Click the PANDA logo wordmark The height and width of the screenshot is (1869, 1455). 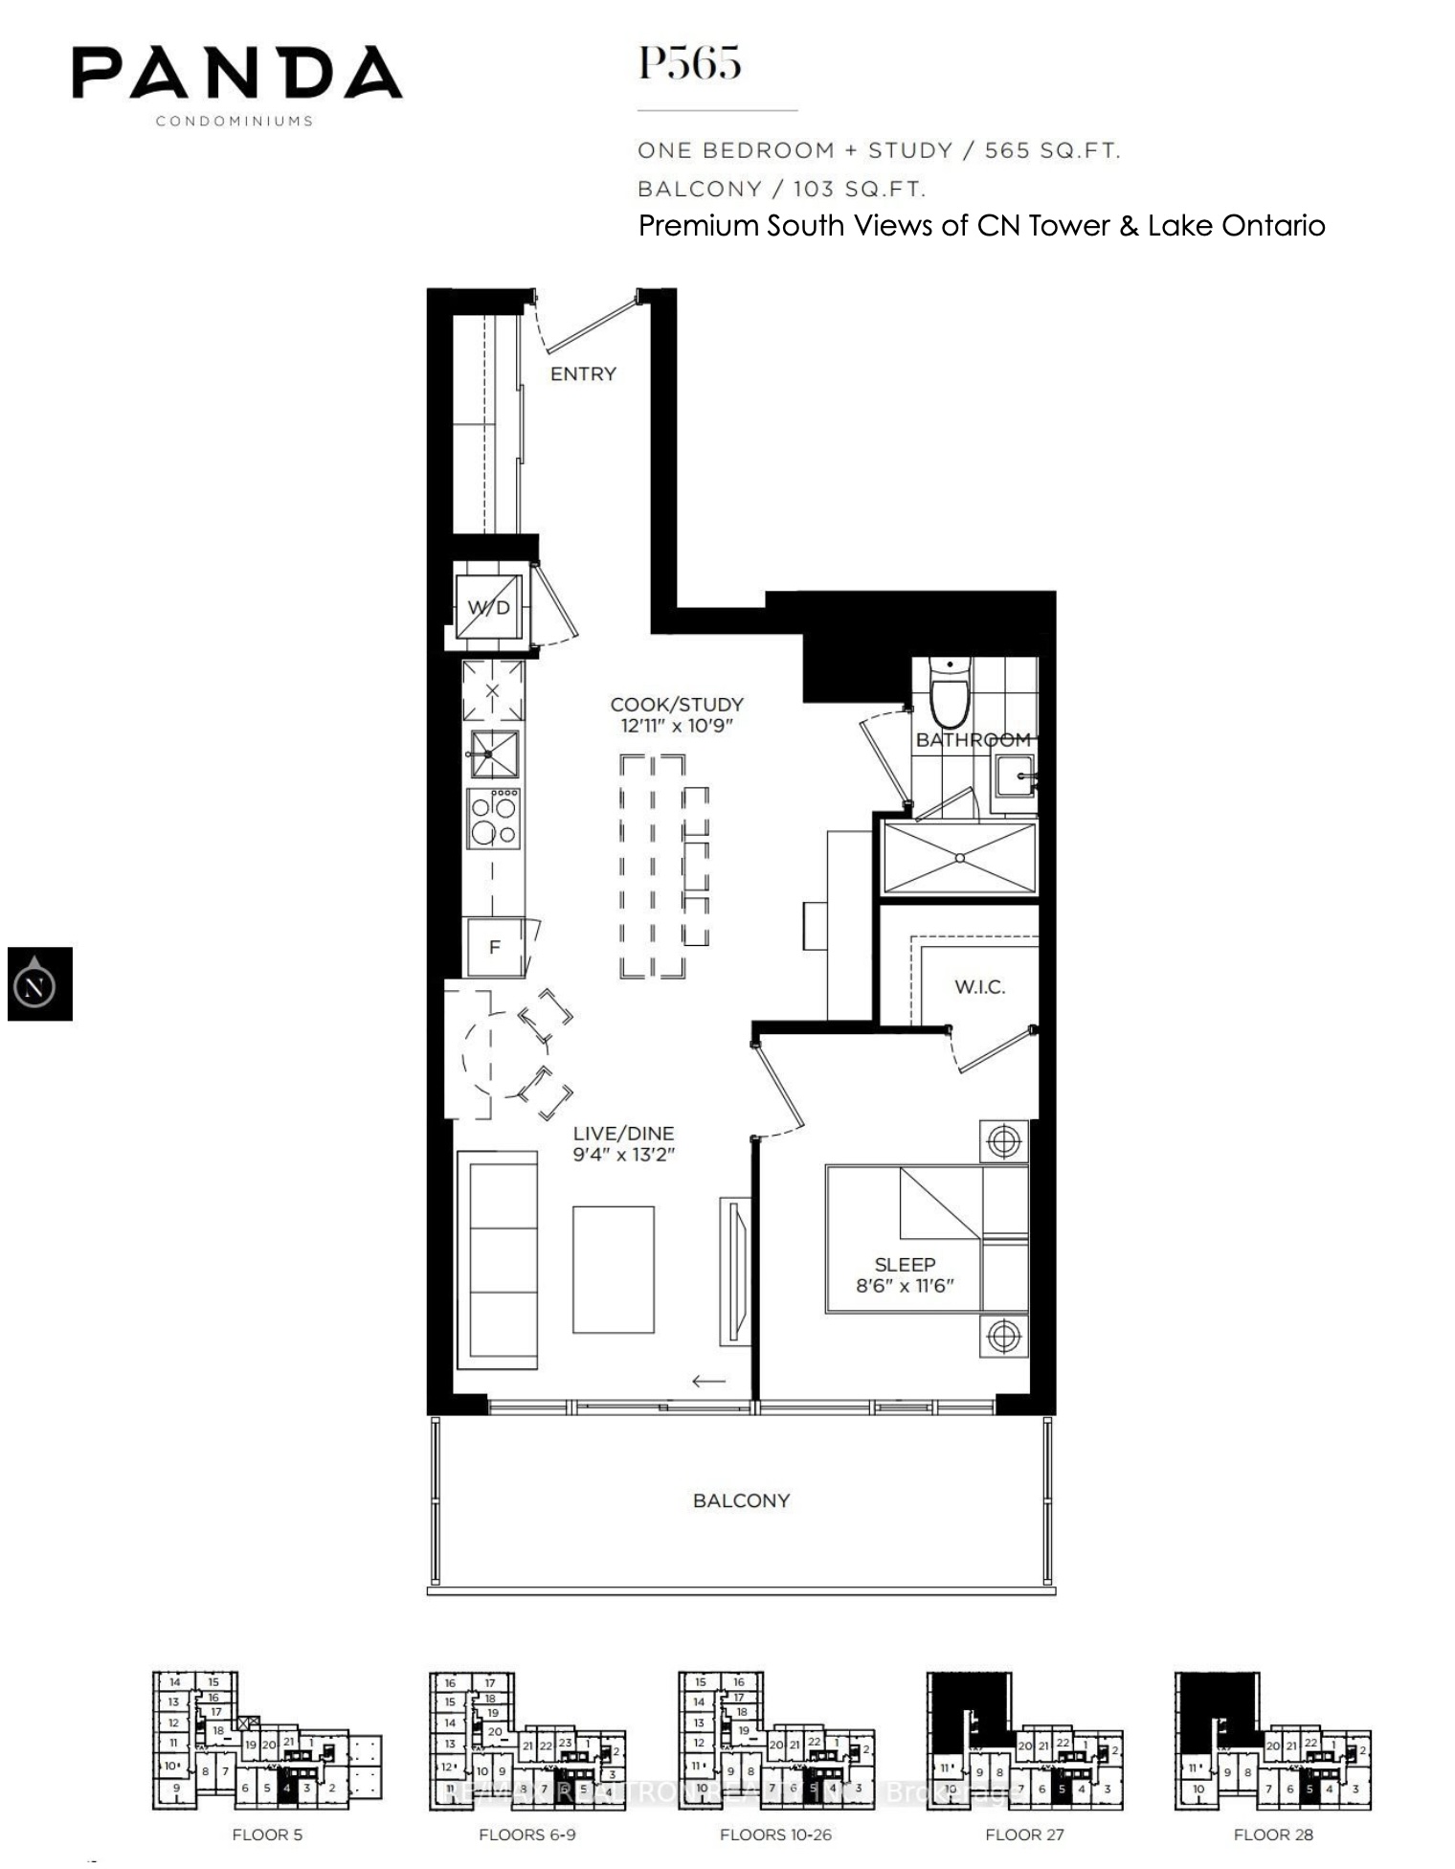[x=237, y=74]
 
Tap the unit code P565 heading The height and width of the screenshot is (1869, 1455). [x=689, y=63]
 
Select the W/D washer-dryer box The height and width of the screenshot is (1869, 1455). [x=489, y=607]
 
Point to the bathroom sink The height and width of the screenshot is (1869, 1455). [x=1014, y=775]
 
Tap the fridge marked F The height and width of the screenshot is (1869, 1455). [x=494, y=947]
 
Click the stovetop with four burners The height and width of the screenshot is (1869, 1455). [x=493, y=820]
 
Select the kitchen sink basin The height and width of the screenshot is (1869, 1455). [x=494, y=754]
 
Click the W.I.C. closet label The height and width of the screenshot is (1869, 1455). [x=979, y=986]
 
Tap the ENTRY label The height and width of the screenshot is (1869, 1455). [x=583, y=373]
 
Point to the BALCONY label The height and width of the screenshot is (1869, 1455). [x=741, y=1500]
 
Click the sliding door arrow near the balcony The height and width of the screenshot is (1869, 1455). [x=708, y=1380]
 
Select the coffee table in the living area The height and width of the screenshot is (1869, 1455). [x=614, y=1269]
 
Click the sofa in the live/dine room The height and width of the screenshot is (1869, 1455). [x=497, y=1259]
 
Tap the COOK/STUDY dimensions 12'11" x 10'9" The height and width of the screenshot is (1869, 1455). [x=677, y=725]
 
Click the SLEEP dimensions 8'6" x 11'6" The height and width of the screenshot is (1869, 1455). [x=905, y=1285]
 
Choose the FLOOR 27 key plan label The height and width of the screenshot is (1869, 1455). [x=1024, y=1835]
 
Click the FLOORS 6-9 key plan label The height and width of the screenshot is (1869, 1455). [x=526, y=1835]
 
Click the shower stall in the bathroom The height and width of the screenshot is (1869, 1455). [x=959, y=858]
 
